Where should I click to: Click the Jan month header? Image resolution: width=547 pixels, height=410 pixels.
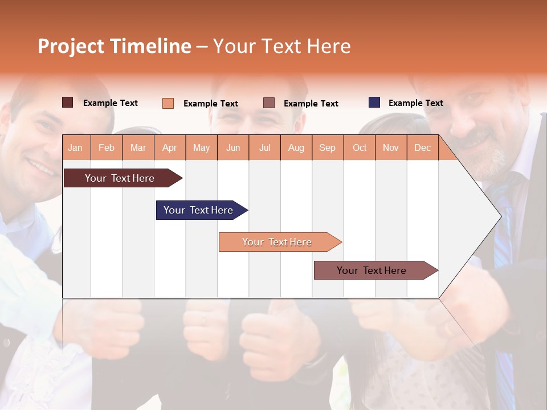[x=75, y=148]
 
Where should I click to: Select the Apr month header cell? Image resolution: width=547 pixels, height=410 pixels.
[x=170, y=148]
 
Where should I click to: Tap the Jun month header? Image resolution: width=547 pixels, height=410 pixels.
[x=233, y=148]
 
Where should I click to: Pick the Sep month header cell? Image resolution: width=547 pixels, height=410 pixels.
[x=327, y=148]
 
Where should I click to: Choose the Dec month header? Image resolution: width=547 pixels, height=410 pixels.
[x=422, y=148]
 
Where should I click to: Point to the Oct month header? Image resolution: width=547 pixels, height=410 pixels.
[x=360, y=148]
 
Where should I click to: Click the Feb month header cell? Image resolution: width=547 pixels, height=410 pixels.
[x=107, y=148]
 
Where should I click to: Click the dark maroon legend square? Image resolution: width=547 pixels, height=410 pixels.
[x=68, y=102]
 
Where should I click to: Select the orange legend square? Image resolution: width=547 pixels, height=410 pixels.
[x=168, y=103]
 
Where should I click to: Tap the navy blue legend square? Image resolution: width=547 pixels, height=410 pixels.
[x=374, y=102]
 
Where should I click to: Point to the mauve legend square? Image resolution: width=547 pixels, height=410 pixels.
[x=269, y=102]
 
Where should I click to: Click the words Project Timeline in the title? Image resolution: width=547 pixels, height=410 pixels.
[x=115, y=46]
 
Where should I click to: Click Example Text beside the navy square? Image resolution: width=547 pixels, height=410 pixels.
[x=415, y=103]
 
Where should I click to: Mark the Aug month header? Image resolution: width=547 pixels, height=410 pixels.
[x=296, y=148]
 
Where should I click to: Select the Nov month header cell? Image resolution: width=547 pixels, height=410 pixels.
[x=391, y=148]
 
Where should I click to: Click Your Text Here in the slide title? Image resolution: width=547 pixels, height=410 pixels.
[x=281, y=46]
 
